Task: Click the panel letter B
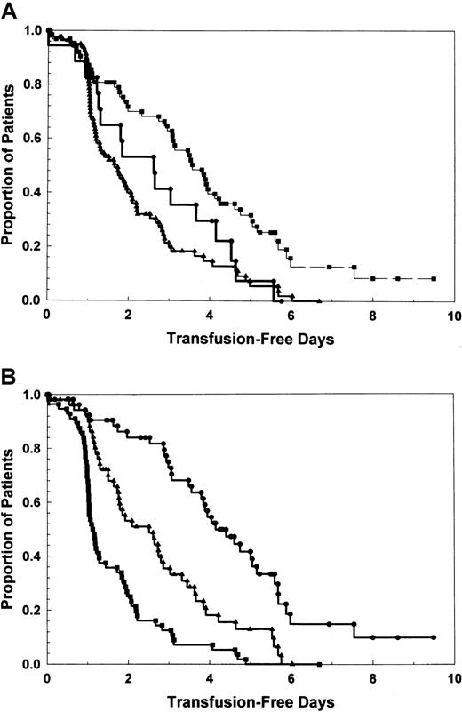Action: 8,372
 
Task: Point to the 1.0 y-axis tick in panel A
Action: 30,30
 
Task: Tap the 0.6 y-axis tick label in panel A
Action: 30,139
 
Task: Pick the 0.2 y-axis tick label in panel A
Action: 30,246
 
